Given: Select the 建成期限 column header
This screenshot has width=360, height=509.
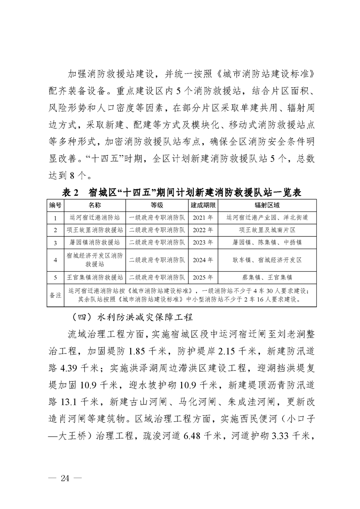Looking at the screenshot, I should tap(202, 205).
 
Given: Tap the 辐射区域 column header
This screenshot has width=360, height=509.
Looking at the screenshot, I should tap(267, 205).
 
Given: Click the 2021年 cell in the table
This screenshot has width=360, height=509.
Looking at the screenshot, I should tap(202, 218).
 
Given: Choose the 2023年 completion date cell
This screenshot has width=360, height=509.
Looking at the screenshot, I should tap(202, 243).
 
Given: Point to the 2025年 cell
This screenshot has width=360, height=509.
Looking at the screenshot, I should tap(202, 277).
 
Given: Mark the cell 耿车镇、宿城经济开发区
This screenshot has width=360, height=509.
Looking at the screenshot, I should tap(267, 260).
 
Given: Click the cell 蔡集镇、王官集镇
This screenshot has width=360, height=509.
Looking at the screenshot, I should tap(267, 277).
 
